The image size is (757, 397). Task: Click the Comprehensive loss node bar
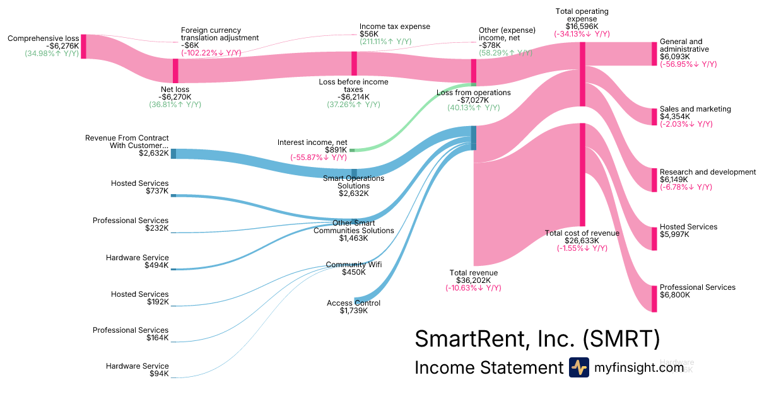pos(83,47)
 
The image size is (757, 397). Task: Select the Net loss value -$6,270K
pos(175,97)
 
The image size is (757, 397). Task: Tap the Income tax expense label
pos(394,26)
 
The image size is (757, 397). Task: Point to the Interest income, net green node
pos(352,150)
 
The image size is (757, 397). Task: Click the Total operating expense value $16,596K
pos(582,26)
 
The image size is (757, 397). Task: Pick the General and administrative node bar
pos(654,54)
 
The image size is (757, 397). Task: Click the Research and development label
pos(707,172)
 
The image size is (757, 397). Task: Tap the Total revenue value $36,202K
pos(473,280)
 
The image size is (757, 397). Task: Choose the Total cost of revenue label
pos(582,233)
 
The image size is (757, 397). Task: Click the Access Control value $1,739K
pos(353,311)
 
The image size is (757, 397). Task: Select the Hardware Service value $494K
pos(156,265)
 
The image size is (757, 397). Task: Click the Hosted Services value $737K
pos(157,191)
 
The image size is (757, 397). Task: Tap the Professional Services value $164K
pos(156,338)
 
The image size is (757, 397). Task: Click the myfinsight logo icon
pos(578,367)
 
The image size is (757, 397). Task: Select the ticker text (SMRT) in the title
pos(621,339)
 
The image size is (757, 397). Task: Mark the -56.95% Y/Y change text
pos(688,64)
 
